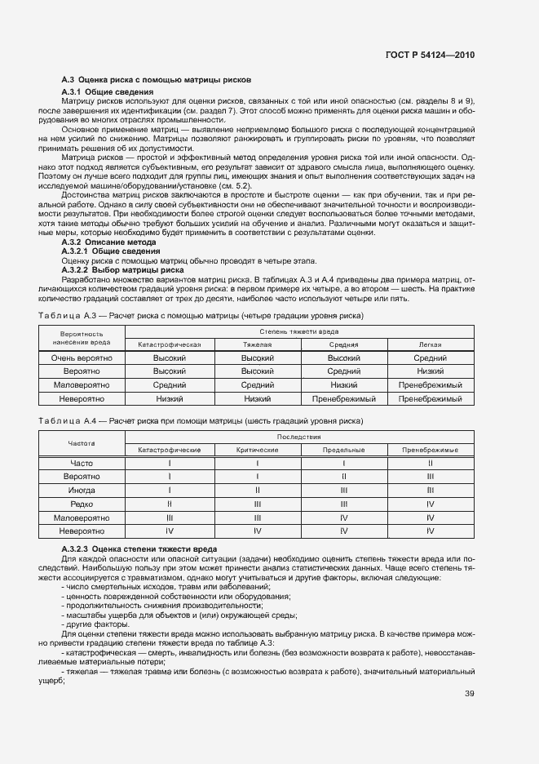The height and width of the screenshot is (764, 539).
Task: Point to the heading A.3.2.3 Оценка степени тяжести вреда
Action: pyautogui.click(x=139, y=548)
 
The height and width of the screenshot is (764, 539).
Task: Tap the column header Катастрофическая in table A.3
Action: pyautogui.click(x=170, y=344)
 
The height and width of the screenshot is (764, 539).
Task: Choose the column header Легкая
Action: pyautogui.click(x=430, y=344)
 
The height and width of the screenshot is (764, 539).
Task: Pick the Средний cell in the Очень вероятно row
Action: pyautogui.click(x=430, y=358)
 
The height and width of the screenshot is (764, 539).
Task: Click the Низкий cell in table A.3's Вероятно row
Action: pyautogui.click(x=430, y=371)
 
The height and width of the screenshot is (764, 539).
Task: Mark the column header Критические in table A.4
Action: pyautogui.click(x=257, y=451)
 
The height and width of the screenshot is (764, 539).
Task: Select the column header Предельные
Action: pyautogui.click(x=343, y=451)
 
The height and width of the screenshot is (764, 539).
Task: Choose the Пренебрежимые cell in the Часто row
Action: pyautogui.click(x=430, y=464)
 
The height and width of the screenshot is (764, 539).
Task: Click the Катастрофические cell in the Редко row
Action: pyautogui.click(x=170, y=504)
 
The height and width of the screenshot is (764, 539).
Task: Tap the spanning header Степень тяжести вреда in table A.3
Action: pyautogui.click(x=300, y=331)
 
